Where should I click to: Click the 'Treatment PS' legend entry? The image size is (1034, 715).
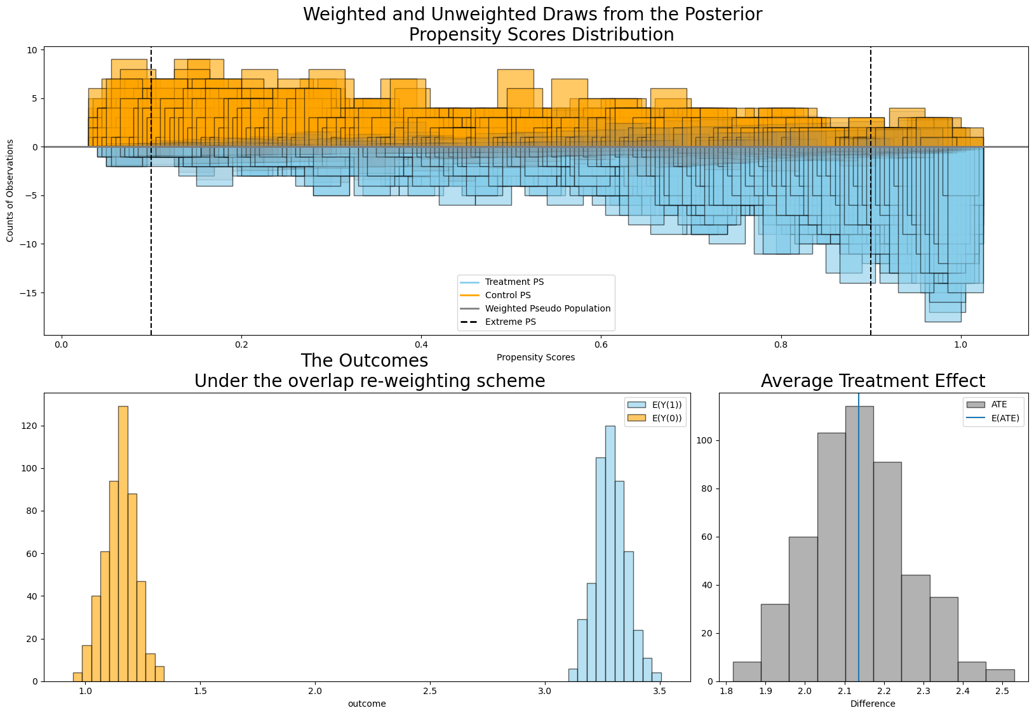point(514,282)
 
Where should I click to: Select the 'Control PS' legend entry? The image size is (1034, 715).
point(507,296)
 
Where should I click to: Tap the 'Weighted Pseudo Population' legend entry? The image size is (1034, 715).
point(547,309)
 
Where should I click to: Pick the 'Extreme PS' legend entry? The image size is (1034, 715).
point(510,322)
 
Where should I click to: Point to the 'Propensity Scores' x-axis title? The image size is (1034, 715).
point(535,358)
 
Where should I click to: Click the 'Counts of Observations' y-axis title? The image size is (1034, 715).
point(10,191)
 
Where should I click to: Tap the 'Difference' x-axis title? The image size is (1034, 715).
point(873,704)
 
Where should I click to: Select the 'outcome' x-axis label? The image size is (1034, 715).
point(366,704)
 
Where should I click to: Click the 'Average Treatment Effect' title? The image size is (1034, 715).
point(873,381)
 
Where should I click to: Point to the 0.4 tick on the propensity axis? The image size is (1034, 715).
point(420,345)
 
